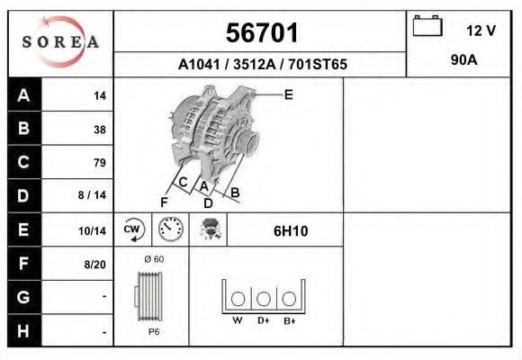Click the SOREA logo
coord(60,41)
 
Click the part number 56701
coord(262,33)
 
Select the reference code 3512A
coord(255,64)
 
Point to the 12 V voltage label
coord(481,31)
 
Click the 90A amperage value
coord(464,60)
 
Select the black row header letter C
coord(23,162)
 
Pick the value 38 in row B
coord(100,130)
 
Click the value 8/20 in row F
coord(94,265)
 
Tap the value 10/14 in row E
coord(92,230)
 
